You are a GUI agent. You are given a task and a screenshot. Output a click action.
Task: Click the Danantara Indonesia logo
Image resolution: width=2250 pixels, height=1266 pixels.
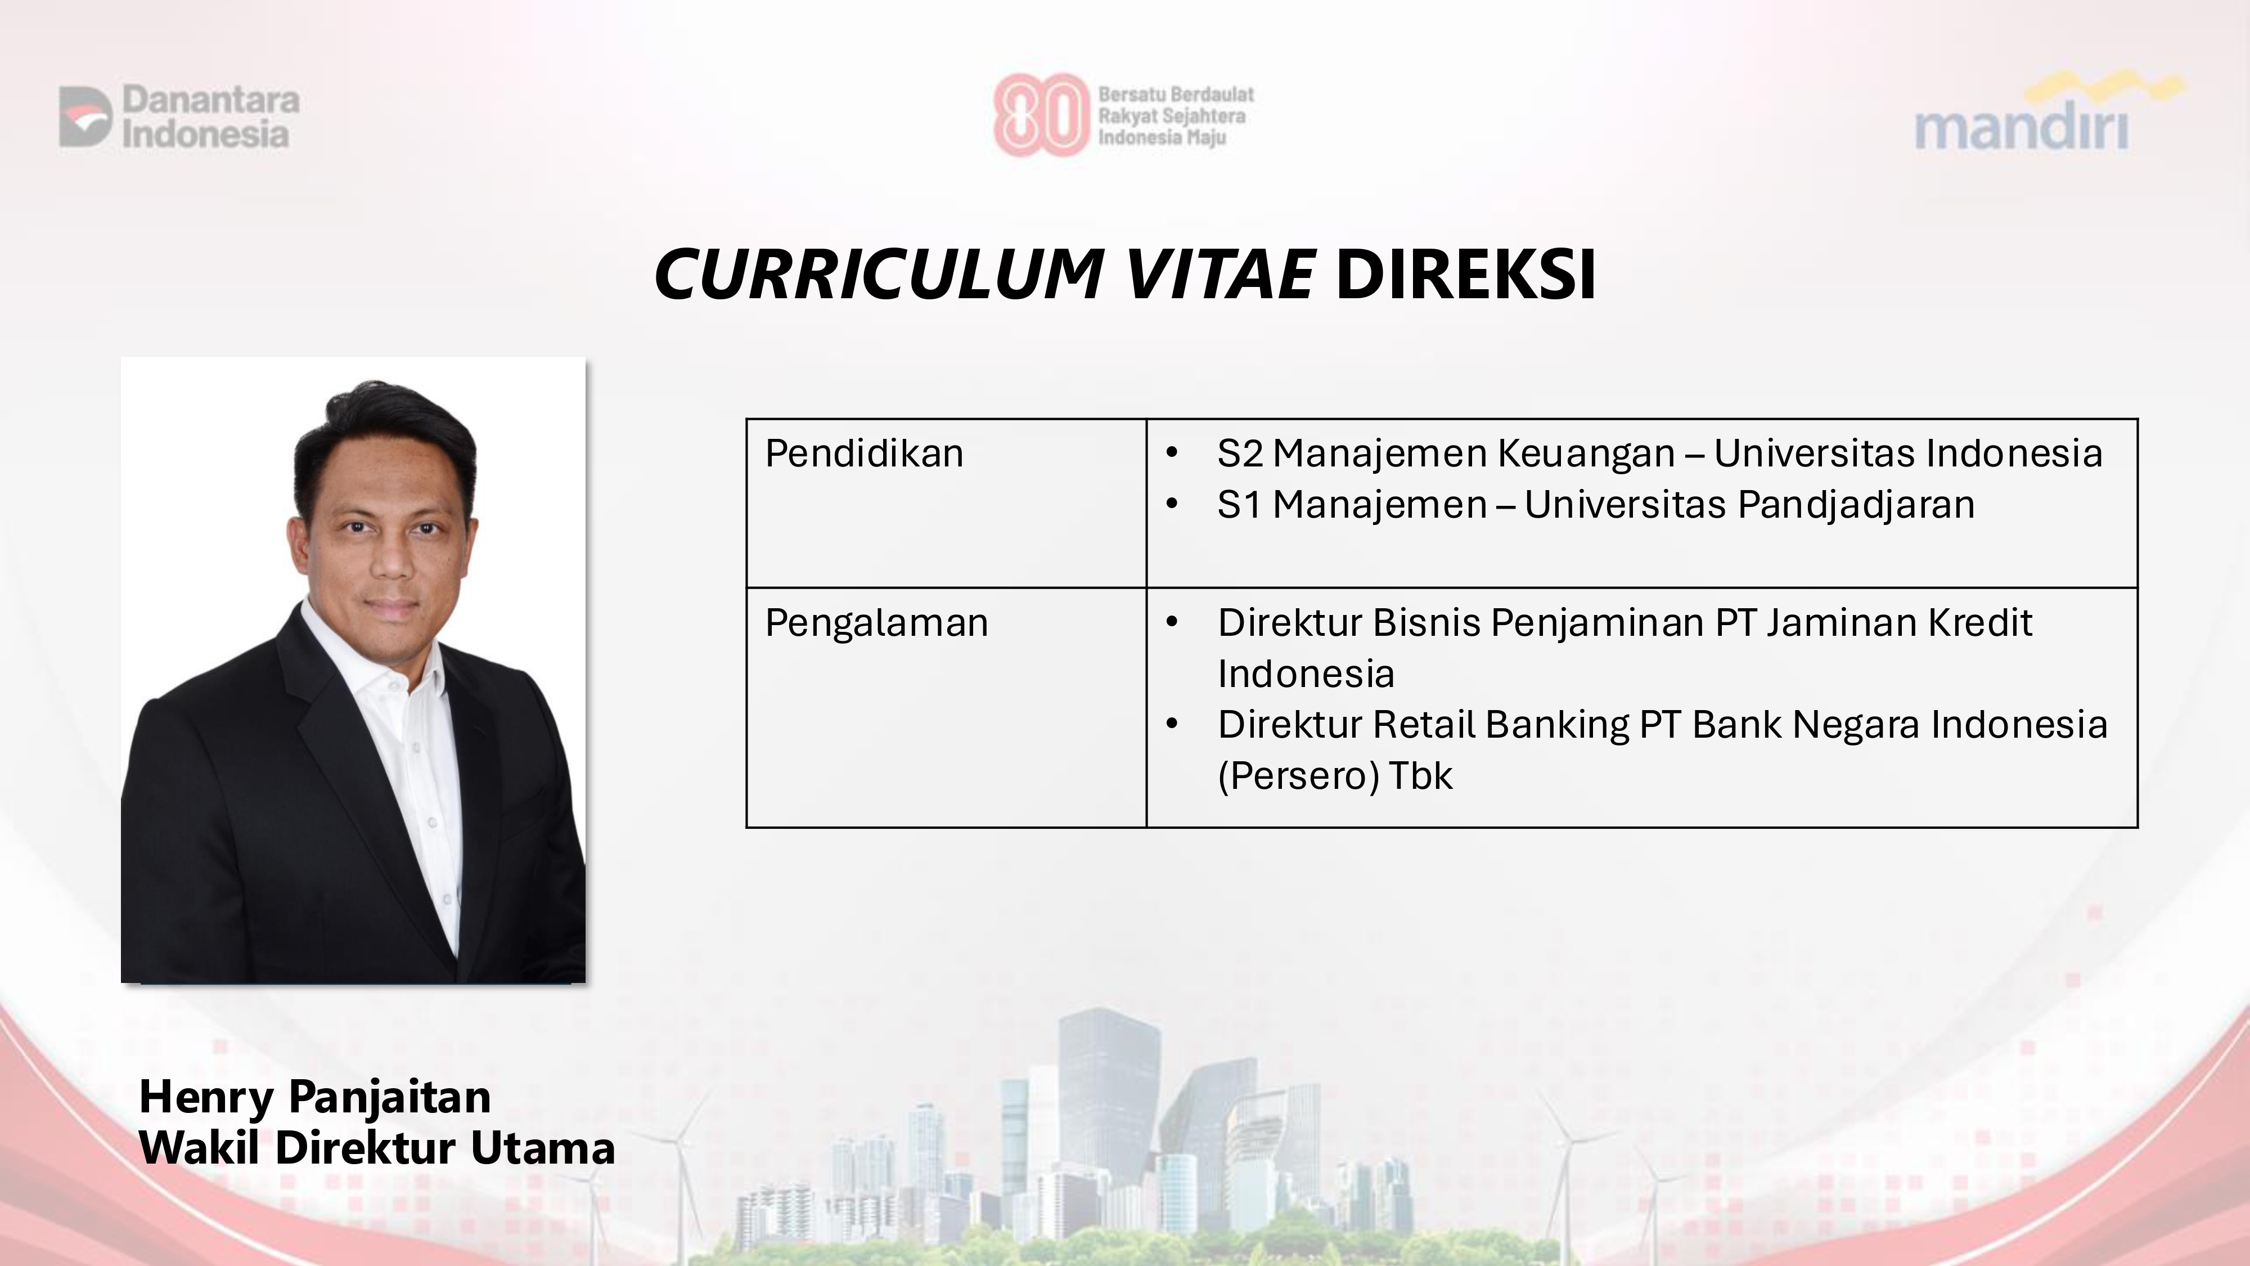(x=179, y=116)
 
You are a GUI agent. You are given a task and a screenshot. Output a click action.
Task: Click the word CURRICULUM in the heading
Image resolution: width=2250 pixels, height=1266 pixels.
(x=878, y=275)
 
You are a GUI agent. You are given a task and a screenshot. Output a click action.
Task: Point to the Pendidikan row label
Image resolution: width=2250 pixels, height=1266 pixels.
(x=864, y=454)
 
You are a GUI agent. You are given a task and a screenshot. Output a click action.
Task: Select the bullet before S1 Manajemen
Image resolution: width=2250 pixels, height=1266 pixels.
(x=1172, y=504)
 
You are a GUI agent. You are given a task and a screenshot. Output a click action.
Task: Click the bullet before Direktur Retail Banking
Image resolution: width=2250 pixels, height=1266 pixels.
(x=1172, y=724)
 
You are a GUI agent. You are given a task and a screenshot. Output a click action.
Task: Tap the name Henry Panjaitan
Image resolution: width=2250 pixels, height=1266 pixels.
(x=314, y=1097)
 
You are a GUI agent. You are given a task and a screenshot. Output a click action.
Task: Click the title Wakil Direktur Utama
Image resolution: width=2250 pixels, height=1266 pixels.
(x=376, y=1148)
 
